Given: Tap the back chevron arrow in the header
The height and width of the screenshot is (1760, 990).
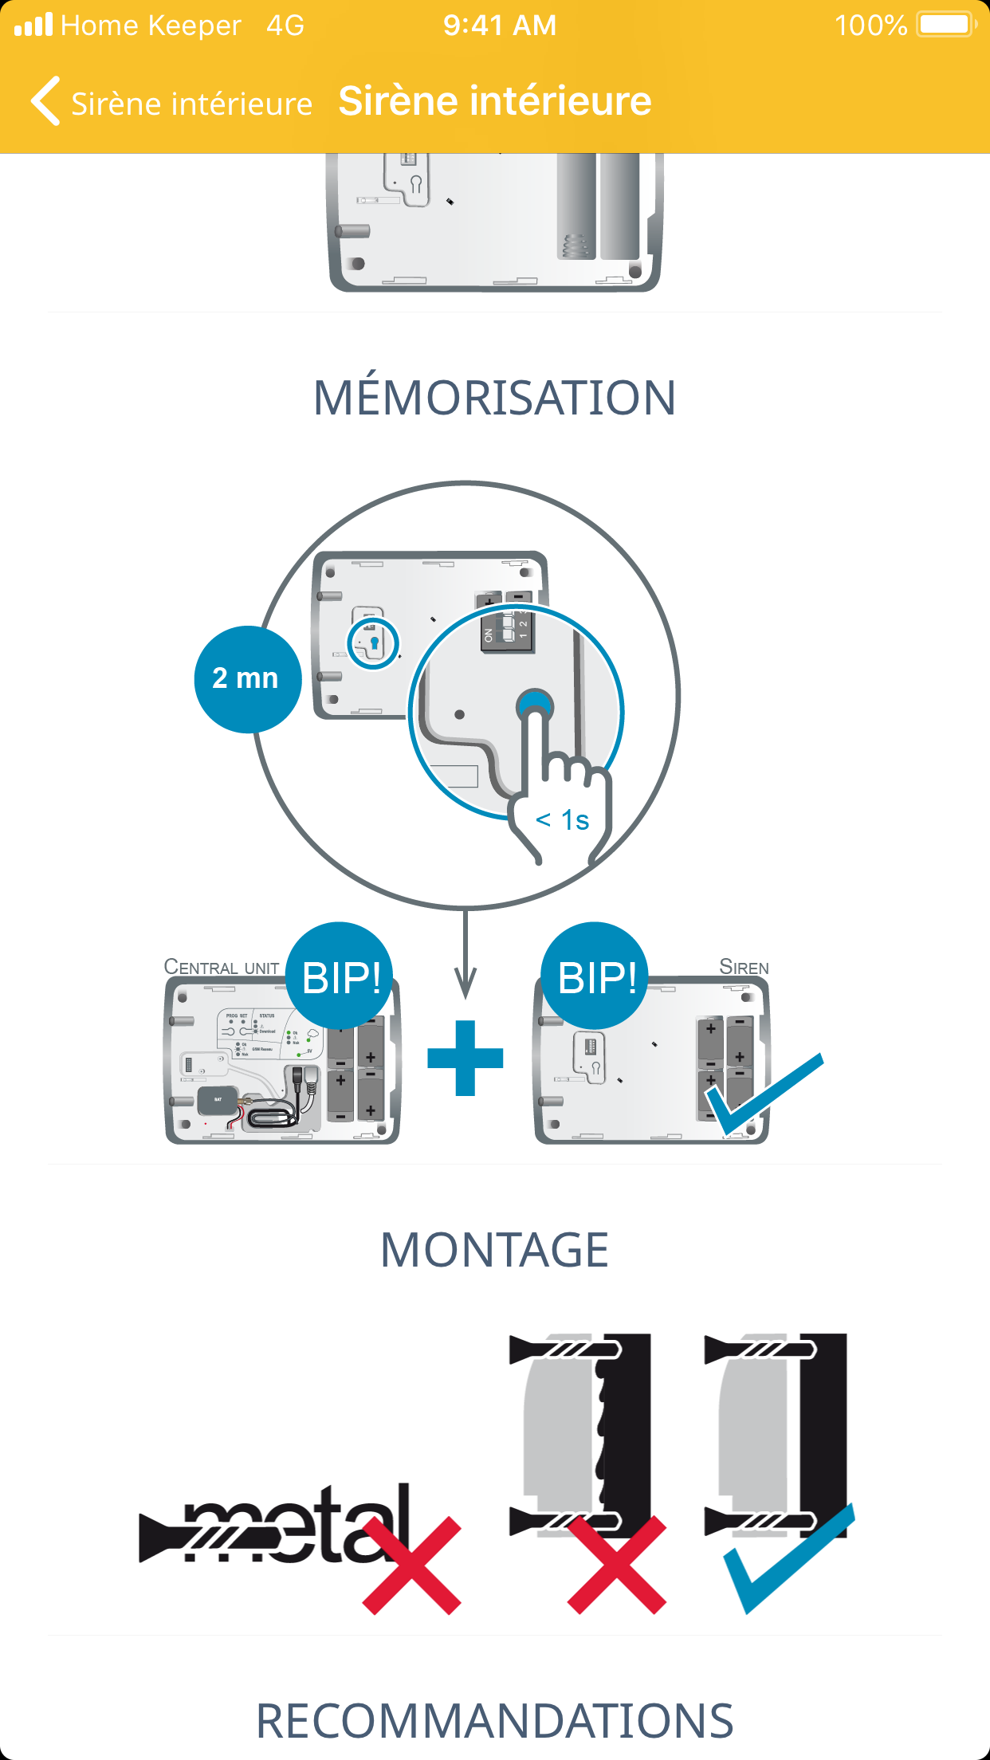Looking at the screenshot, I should coord(46,101).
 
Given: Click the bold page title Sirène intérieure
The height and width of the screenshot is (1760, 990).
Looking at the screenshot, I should coord(495,101).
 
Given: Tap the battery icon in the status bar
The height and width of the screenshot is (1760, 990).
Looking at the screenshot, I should coord(945,25).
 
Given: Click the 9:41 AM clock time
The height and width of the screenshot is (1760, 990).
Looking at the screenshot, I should coord(500,26).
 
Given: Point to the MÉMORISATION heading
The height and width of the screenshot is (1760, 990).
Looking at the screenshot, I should coord(494,398).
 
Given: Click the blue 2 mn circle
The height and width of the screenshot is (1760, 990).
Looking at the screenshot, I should coord(247,679).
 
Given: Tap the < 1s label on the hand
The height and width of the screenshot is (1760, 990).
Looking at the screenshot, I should coord(563,820).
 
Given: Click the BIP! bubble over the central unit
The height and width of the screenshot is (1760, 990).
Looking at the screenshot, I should coord(340,976).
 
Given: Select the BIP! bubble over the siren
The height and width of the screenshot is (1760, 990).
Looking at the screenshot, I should coord(595,976).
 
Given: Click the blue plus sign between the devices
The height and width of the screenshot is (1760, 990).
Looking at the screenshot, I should coord(466,1058).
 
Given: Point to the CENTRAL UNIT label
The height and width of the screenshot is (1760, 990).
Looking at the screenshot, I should coord(221,968).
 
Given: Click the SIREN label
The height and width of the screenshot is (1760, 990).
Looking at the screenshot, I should coord(744,968).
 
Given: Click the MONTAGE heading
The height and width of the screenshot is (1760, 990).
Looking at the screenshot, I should coord(494,1250).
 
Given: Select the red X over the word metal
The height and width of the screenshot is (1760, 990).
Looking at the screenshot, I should coord(412,1566).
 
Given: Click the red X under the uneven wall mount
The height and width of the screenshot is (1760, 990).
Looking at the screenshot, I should coord(617,1566).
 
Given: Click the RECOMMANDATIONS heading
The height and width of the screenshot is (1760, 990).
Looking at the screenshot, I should coord(494,1721).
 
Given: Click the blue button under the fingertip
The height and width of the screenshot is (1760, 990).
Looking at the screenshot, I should coord(534,703).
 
